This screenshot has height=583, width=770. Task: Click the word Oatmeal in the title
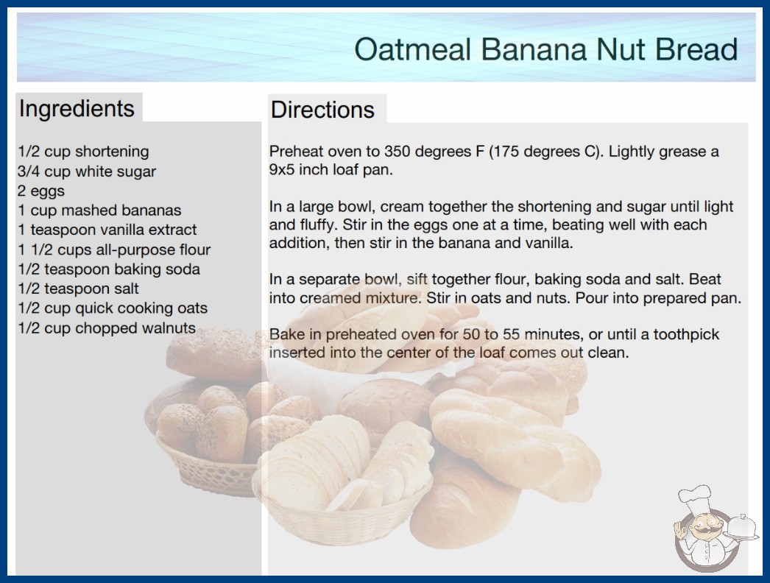tap(413, 49)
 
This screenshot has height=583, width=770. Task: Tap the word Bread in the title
tap(696, 49)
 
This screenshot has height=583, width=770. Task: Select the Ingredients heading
tap(77, 109)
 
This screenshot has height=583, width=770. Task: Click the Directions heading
tap(322, 110)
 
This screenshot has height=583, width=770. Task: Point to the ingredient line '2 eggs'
tap(41, 191)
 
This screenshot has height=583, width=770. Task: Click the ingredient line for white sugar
tap(87, 172)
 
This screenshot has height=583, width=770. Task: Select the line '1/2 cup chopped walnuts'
tap(107, 328)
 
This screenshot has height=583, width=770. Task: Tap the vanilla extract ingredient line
tap(107, 230)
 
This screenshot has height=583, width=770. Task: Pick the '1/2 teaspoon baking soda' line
tap(109, 269)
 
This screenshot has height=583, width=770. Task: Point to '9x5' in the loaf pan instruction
tap(282, 170)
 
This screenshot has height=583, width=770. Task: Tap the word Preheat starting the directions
tap(297, 152)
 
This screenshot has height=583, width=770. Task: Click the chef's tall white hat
tap(696, 498)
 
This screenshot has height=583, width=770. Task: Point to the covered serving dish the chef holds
tap(742, 528)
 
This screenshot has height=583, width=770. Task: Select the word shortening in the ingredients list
tap(112, 152)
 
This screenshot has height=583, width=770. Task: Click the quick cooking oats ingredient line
tap(113, 308)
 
